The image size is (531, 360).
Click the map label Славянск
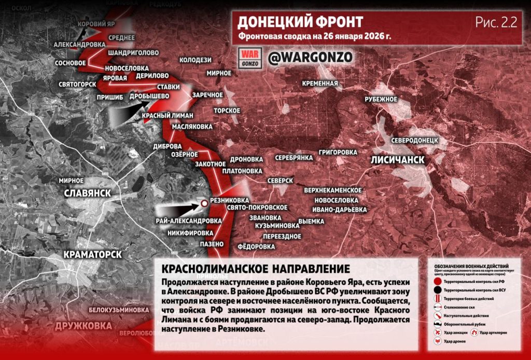(88, 193)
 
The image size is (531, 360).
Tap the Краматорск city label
(93, 255)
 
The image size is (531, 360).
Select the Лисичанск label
(398, 160)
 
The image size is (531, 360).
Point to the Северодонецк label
(415, 141)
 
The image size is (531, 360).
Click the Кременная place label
(321, 83)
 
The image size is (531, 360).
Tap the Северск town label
(281, 181)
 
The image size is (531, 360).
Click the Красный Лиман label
(167, 115)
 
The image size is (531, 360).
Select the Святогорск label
(77, 84)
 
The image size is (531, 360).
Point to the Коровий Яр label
(96, 24)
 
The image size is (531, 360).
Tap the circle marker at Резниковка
(204, 203)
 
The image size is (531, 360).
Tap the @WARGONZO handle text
(310, 57)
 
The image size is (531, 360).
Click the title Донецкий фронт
(300, 22)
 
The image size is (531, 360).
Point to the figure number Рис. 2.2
(496, 22)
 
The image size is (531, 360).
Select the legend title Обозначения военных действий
(474, 266)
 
